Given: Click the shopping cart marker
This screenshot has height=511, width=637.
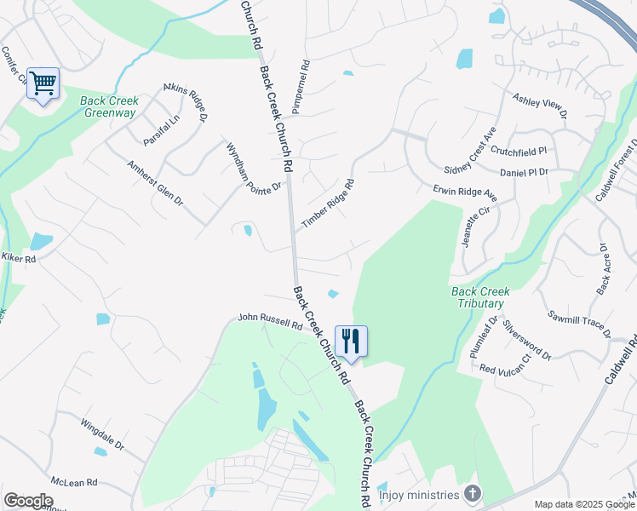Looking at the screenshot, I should click(x=43, y=83).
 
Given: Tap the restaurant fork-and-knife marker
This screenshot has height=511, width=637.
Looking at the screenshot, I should click(x=351, y=342).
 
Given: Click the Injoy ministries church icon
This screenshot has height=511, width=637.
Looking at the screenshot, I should click(x=473, y=494).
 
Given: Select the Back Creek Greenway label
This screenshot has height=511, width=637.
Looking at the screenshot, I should click(x=109, y=106).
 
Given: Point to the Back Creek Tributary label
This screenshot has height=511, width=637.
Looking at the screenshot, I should click(x=479, y=297).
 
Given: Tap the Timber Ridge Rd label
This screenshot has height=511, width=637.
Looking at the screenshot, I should click(x=327, y=203).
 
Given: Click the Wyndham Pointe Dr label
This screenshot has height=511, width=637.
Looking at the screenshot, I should click(x=253, y=167).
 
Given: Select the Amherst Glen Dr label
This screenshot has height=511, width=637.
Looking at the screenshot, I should click(x=155, y=183).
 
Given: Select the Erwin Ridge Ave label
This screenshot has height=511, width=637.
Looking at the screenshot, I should click(x=465, y=192).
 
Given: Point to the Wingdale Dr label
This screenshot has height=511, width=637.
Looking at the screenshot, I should click(x=102, y=434).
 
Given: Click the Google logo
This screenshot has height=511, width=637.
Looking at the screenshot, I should click(x=28, y=501).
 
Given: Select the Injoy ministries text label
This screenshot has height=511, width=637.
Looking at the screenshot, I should click(x=418, y=494).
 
